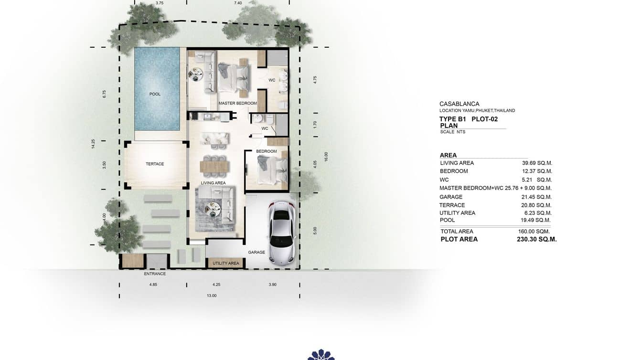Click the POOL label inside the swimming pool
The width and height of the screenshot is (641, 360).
click(x=155, y=94)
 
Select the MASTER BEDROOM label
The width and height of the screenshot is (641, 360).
click(x=237, y=103)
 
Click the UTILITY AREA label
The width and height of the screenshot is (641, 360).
click(x=226, y=263)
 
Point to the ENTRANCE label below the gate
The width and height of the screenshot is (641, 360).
click(x=155, y=274)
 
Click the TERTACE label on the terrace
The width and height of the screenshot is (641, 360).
click(x=155, y=164)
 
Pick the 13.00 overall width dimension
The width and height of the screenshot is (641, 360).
click(x=212, y=296)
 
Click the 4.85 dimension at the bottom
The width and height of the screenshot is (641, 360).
click(x=153, y=285)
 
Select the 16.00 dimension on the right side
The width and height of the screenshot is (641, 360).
click(x=326, y=157)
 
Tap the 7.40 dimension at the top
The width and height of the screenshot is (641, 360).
click(x=238, y=3)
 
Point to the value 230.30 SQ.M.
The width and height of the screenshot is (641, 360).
click(x=536, y=239)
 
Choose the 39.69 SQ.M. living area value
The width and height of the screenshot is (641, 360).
click(x=537, y=163)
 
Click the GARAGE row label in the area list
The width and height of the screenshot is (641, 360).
click(x=451, y=197)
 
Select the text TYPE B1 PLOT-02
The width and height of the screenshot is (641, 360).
click(x=468, y=119)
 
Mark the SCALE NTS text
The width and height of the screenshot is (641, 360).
click(x=452, y=132)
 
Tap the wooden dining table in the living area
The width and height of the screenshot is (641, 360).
click(x=214, y=166)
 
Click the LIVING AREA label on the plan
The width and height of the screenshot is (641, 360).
click(x=213, y=183)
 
